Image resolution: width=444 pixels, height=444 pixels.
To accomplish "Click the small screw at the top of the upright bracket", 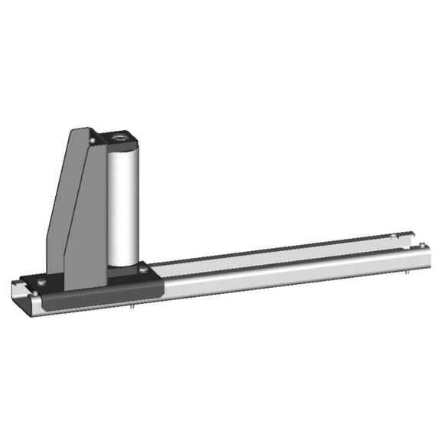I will [x=93, y=140].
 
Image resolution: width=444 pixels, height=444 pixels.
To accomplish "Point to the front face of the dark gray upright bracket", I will [x=84, y=222].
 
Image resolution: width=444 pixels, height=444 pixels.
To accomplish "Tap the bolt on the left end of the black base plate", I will [x=40, y=282].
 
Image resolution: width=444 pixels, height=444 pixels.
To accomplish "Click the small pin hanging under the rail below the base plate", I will [x=135, y=308].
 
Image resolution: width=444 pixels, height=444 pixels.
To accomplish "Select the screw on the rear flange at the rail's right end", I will [x=392, y=235].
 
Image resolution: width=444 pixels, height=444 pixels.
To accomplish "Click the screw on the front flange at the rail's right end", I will [x=420, y=245].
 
